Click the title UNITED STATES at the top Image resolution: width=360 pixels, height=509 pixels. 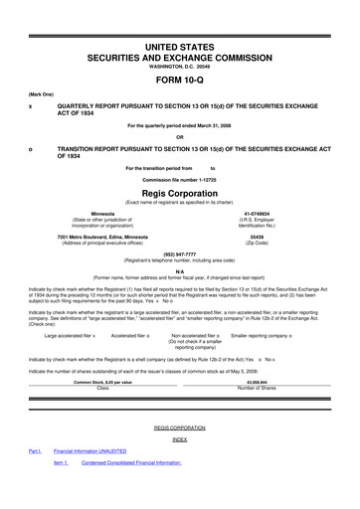[179, 19]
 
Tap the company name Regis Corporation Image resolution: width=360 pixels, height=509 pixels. [179, 196]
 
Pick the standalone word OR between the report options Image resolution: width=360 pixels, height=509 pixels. [179, 137]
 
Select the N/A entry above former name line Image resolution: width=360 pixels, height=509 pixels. [179, 269]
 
